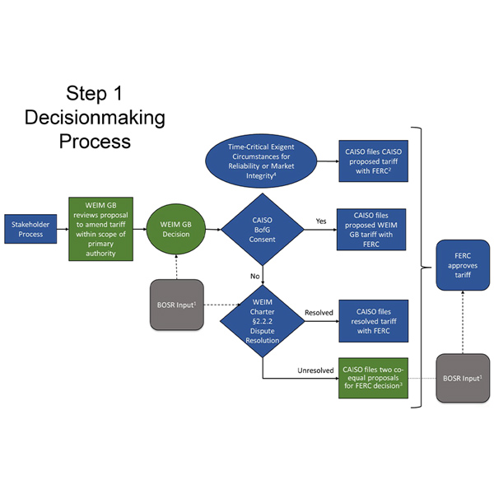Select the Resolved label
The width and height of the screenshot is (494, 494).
tap(317, 312)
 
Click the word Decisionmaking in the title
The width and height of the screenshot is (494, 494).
tap(95, 117)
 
